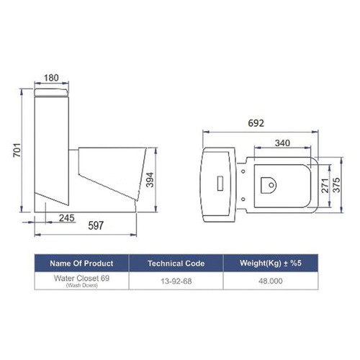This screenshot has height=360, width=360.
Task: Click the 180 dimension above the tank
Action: [x=51, y=78]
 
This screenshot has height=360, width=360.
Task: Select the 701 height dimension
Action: [x=17, y=150]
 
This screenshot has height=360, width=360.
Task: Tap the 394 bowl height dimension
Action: [x=150, y=179]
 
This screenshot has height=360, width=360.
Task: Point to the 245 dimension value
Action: [x=67, y=218]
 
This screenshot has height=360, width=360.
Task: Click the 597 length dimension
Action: [x=96, y=225]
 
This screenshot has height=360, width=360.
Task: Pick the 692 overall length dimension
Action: [x=256, y=123]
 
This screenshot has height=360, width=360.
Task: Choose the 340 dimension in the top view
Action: [x=282, y=143]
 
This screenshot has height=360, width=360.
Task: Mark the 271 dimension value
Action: [x=325, y=186]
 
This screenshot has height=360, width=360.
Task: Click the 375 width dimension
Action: [x=337, y=185]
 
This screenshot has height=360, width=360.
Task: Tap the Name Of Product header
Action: [x=81, y=264]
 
